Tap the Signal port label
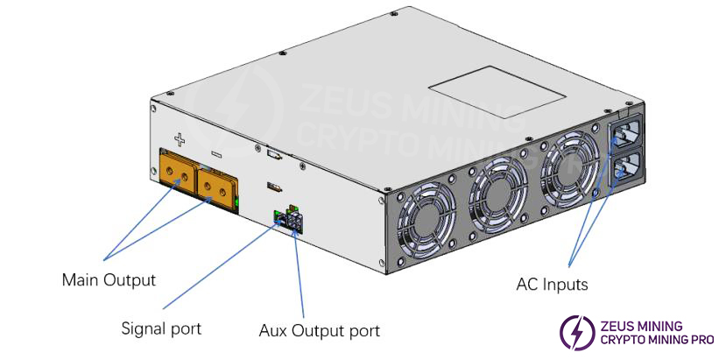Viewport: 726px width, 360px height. (x=161, y=328)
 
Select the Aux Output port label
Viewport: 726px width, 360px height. (x=320, y=331)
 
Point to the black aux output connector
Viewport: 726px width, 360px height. (x=293, y=221)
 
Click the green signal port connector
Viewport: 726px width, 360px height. (x=278, y=216)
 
